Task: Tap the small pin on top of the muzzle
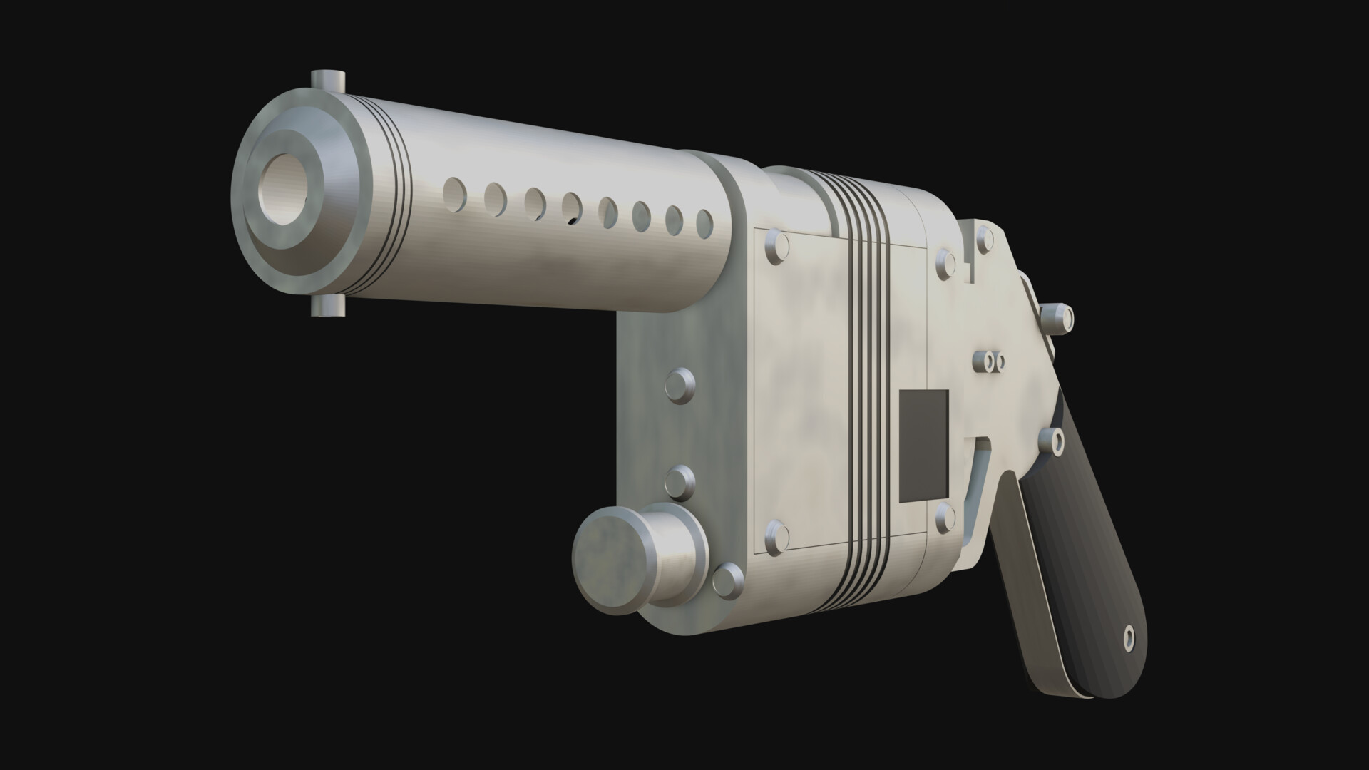(x=328, y=80)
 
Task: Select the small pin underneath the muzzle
(x=328, y=306)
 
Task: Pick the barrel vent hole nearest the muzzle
(x=453, y=190)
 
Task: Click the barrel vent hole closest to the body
(x=704, y=223)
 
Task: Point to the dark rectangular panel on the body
(x=924, y=445)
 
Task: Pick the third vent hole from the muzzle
(x=535, y=201)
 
